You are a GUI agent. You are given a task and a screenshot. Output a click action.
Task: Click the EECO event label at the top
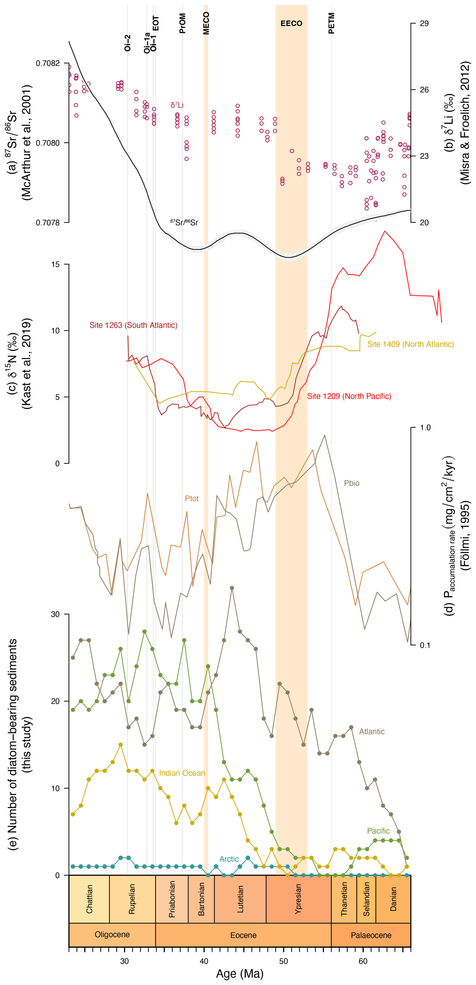pos(291,23)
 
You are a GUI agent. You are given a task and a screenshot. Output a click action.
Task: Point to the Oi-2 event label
pos(128,43)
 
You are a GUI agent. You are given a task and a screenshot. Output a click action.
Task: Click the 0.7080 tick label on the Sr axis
pos(48,143)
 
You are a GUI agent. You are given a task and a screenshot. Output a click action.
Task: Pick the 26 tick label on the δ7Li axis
pos(424,90)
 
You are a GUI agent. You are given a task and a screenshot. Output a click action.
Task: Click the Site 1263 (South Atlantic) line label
pos(133,325)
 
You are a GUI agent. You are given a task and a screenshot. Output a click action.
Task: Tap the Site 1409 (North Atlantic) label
pos(410,344)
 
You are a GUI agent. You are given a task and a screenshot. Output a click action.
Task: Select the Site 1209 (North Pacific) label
pos(349,396)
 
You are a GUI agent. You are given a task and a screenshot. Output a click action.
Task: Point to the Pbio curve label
pos(351,483)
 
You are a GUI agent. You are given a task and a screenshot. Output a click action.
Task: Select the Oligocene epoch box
pos(112,934)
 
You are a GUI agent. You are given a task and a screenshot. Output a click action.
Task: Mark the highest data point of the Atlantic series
pos(232,588)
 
